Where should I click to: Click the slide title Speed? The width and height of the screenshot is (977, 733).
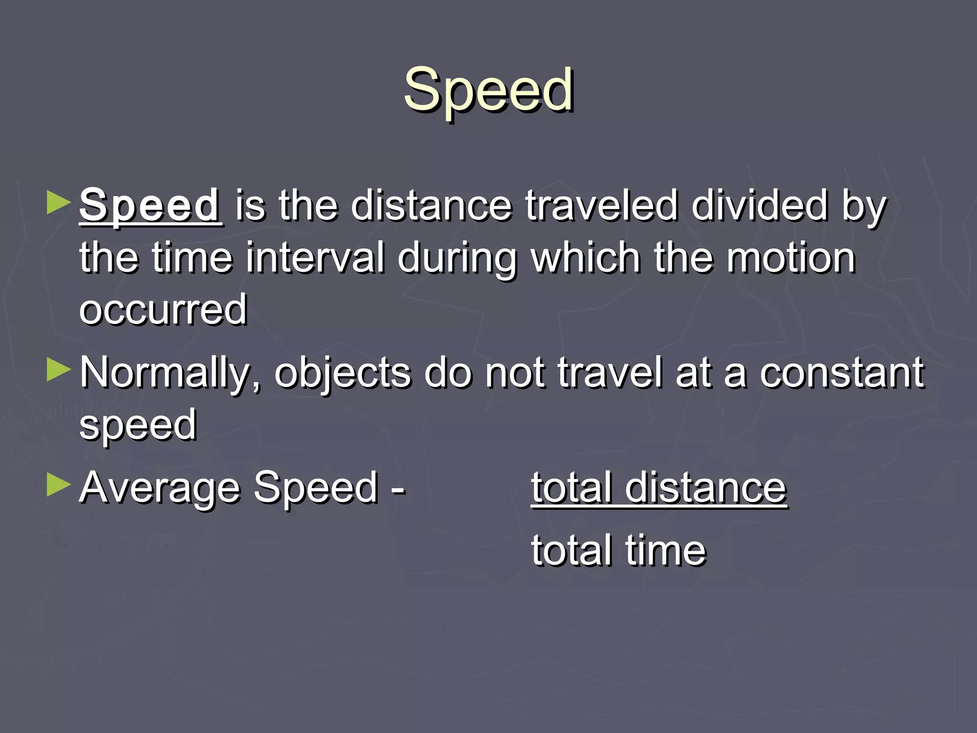pos(488,90)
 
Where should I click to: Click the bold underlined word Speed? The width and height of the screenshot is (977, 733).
pos(150,205)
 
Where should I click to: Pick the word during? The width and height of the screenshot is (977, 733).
pos(457,259)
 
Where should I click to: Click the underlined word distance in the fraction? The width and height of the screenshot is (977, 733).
pos(706,488)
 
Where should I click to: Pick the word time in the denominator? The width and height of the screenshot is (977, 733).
pos(665,550)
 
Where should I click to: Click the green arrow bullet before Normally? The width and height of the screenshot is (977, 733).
pos(59,370)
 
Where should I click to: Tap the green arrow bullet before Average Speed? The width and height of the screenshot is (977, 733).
pos(59,485)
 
